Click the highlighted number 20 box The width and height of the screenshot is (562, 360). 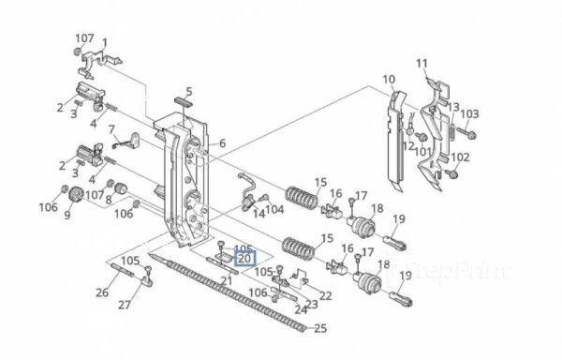(x=244, y=258)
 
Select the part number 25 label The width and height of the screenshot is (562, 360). (x=321, y=328)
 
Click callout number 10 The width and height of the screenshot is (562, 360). (x=389, y=79)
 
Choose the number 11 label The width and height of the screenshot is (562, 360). (x=421, y=63)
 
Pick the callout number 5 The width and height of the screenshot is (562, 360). (x=188, y=91)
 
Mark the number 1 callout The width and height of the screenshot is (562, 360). (x=104, y=43)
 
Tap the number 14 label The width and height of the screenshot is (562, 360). (x=259, y=213)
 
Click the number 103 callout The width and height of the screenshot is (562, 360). (x=469, y=113)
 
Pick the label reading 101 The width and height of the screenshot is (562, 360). (x=424, y=151)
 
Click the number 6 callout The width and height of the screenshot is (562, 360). (x=222, y=142)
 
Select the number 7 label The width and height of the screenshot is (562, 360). (x=111, y=128)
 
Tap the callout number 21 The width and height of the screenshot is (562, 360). (x=226, y=280)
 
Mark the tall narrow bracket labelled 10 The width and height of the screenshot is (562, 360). (x=394, y=141)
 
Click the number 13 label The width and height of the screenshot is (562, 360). (x=453, y=108)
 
